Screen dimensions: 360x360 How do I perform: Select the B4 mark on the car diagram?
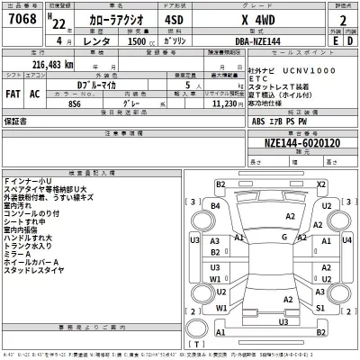pyautogui.click(x=215, y=206)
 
